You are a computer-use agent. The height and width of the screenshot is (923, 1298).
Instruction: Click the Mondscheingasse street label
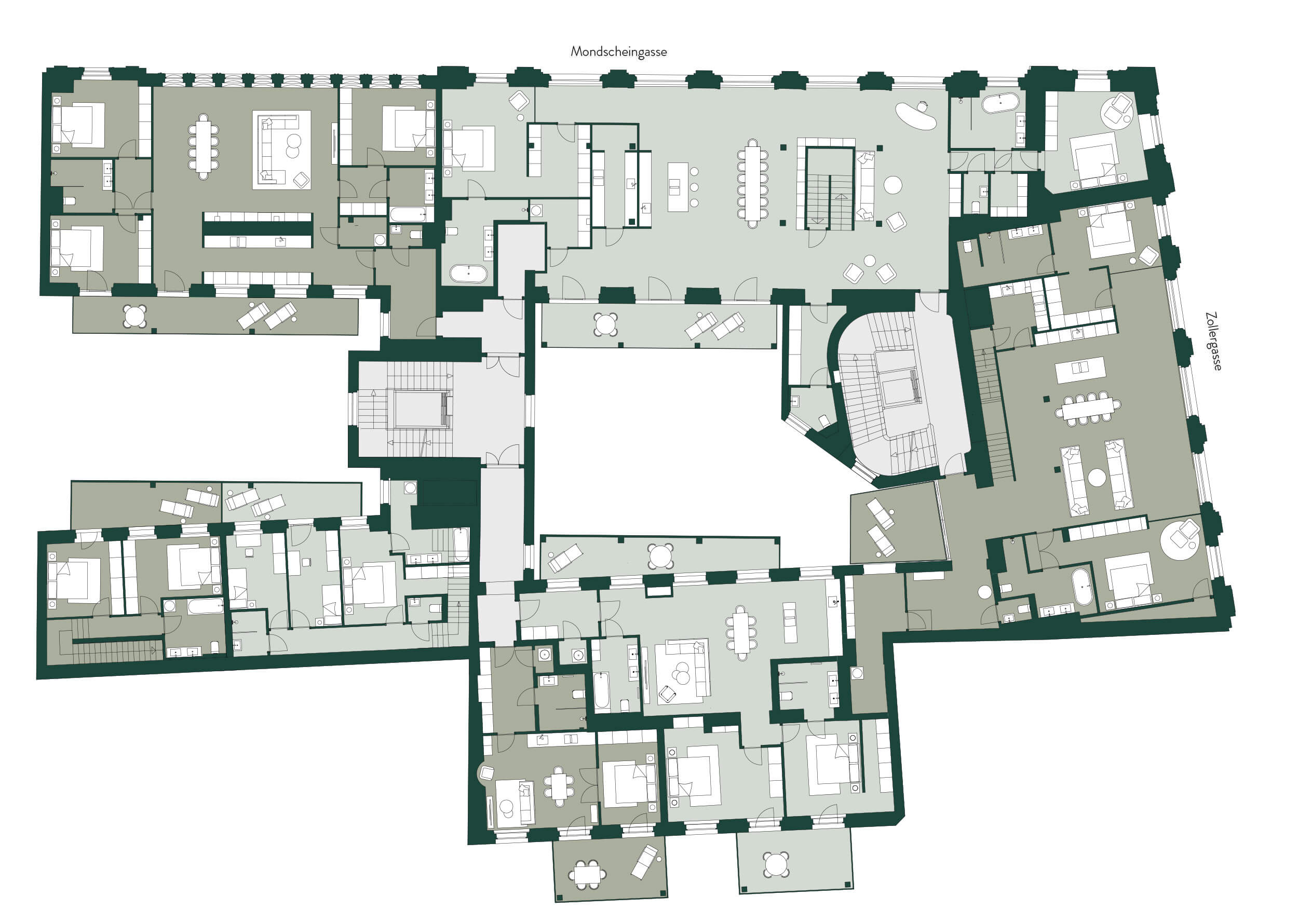pyautogui.click(x=618, y=52)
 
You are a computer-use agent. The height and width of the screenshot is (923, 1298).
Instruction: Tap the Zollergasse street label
pyautogui.click(x=1213, y=341)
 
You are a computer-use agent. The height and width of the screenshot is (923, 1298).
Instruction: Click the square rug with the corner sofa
pyautogui.click(x=282, y=150)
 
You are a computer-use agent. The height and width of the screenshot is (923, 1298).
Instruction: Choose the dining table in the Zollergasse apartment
pyautogui.click(x=1088, y=408)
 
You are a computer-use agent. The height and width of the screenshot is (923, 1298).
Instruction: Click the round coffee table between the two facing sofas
pyautogui.click(x=1097, y=478)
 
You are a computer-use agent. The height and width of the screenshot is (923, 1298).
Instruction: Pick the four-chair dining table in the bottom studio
pyautogui.click(x=559, y=785)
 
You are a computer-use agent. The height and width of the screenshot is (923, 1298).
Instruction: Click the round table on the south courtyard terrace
pyautogui.click(x=660, y=556)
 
